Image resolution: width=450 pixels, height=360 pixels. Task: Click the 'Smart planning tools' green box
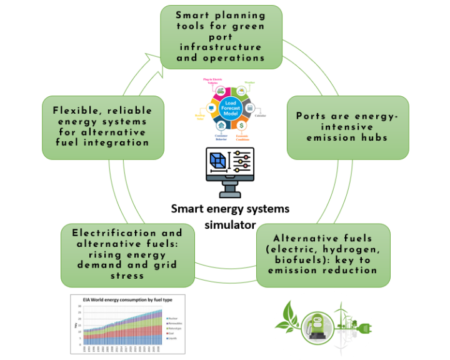point(221,36)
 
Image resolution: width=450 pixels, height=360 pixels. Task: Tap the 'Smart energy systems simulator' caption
point(231,216)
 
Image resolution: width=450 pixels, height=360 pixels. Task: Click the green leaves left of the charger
point(287,316)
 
